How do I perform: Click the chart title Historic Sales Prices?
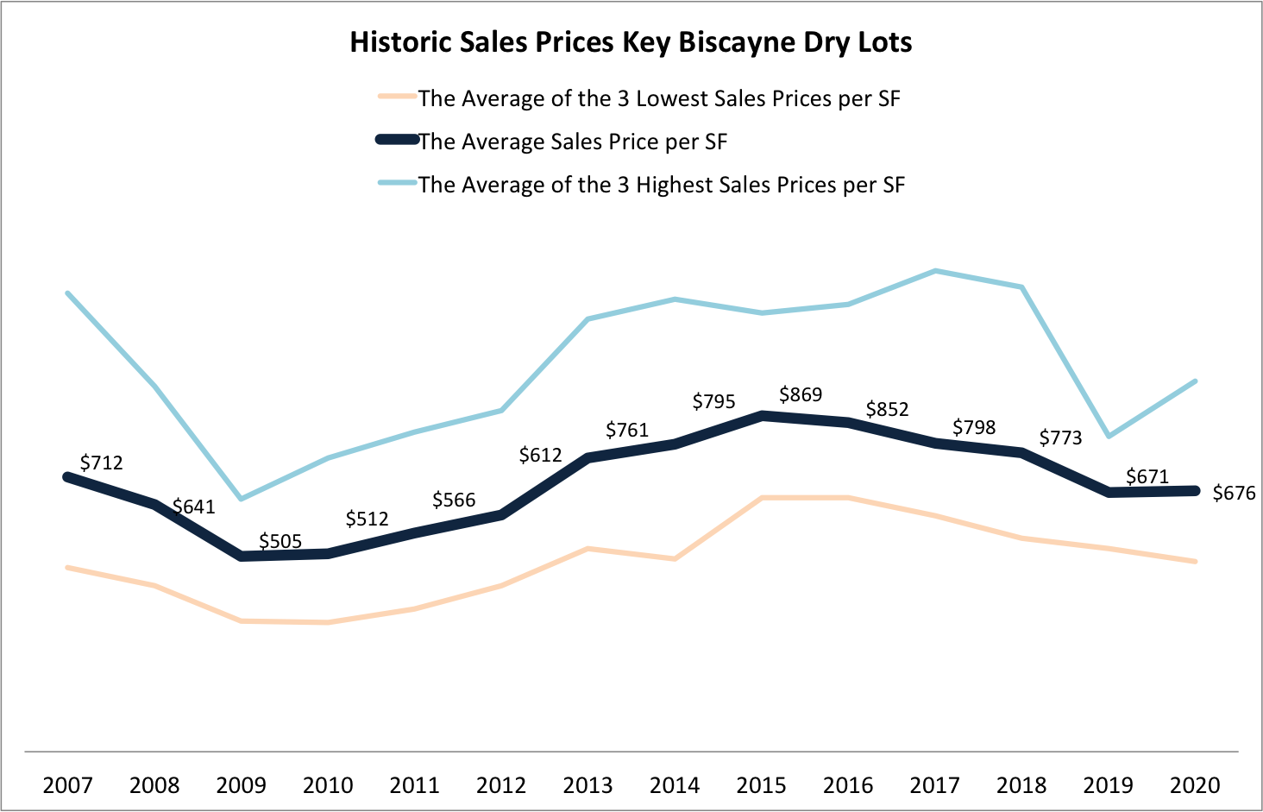631,42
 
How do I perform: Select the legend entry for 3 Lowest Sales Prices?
659,98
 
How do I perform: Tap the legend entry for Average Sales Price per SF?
573,142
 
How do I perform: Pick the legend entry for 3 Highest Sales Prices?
662,185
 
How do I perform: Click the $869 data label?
801,394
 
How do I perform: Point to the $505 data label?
280,542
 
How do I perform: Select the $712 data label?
101,463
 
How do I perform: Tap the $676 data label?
1234,494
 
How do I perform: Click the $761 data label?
627,430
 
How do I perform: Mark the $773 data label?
1060,437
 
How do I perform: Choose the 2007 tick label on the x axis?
67,785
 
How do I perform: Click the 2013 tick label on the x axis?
588,785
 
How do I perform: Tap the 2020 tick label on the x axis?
1195,785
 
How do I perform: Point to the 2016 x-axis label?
848,785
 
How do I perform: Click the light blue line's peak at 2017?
935,271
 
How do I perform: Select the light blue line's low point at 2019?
1109,436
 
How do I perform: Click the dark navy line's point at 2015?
762,415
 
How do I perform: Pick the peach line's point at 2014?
675,559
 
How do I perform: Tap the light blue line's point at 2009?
241,499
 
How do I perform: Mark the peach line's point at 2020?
1195,562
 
